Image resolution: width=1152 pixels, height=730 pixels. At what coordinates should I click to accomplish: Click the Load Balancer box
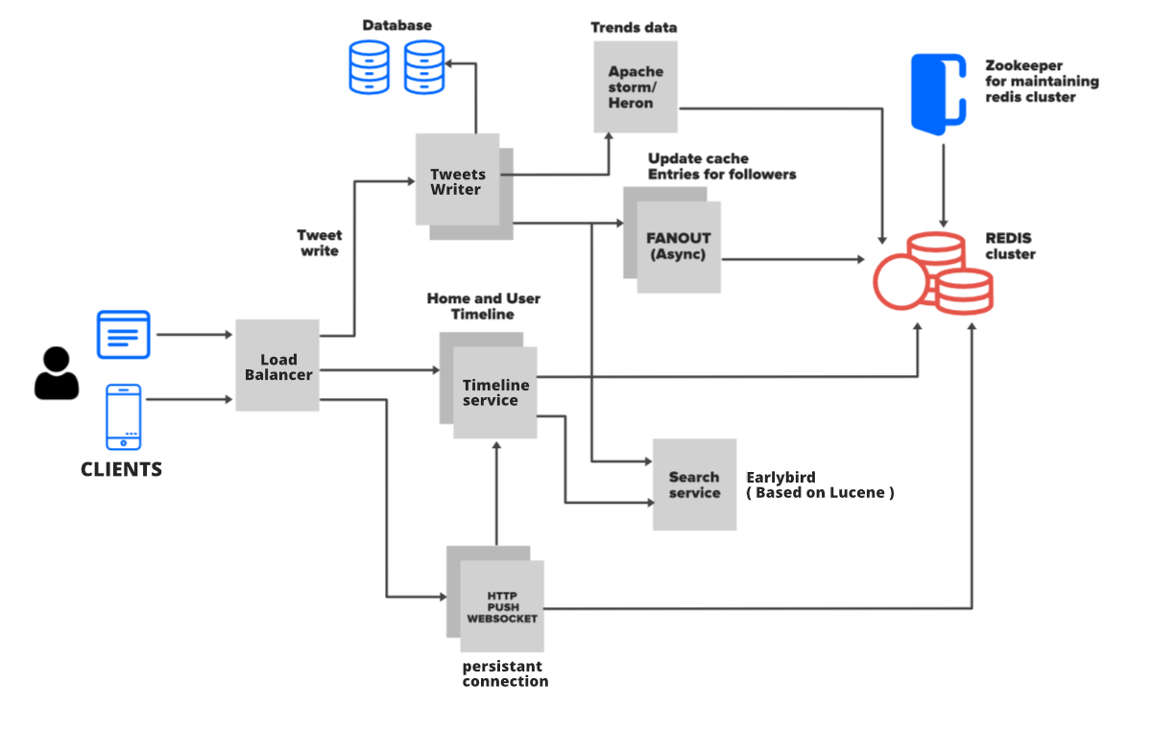tap(277, 365)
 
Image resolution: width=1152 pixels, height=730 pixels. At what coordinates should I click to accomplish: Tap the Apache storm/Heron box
tap(636, 86)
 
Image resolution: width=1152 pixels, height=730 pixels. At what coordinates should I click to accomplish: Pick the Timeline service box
tap(495, 392)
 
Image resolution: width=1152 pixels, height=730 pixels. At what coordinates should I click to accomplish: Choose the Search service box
tap(694, 484)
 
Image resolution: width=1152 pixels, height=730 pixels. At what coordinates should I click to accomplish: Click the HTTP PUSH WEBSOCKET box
tap(502, 606)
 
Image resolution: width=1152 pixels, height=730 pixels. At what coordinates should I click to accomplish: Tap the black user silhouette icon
tap(57, 374)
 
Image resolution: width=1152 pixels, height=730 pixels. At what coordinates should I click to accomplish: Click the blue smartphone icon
tap(124, 416)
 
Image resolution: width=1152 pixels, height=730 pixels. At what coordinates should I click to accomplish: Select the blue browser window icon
tap(123, 334)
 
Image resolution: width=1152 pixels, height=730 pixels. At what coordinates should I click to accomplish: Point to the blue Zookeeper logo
tap(937, 92)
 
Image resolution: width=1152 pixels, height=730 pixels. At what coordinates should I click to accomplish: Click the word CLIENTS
tap(121, 470)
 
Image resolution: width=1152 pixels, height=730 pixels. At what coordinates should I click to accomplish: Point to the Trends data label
tap(634, 27)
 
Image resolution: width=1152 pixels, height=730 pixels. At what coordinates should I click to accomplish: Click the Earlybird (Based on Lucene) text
tap(820, 485)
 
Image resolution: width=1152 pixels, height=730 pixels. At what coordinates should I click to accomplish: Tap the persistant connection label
tap(505, 673)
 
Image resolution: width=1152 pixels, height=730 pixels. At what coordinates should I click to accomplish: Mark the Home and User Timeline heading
tap(484, 306)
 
